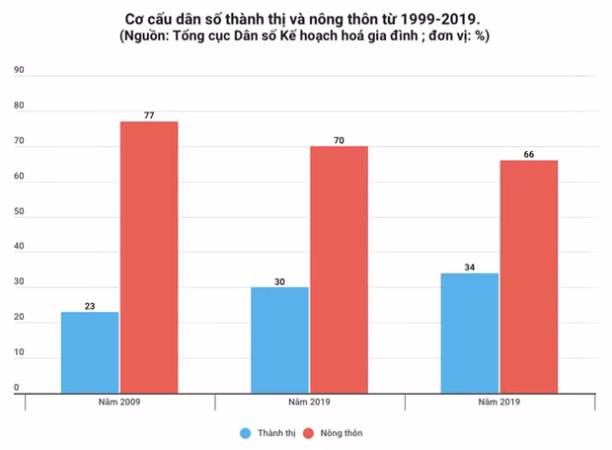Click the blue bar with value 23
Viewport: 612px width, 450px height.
click(x=90, y=352)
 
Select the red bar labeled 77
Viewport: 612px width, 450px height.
click(x=149, y=257)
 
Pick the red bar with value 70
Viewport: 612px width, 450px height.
click(x=339, y=269)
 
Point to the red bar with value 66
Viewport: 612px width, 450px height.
click(x=528, y=276)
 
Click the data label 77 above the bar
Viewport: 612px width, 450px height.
click(x=149, y=114)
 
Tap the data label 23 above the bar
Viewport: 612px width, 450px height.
click(x=90, y=306)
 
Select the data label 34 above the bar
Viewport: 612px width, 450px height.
click(x=469, y=266)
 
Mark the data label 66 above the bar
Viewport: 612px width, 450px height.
click(x=528, y=154)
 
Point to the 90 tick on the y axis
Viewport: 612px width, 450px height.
click(x=18, y=71)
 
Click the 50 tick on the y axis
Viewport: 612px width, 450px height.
click(x=18, y=212)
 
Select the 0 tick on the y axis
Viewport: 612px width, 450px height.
click(x=17, y=389)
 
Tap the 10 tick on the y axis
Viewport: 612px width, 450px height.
click(x=18, y=353)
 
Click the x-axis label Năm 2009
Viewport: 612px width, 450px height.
click(x=119, y=403)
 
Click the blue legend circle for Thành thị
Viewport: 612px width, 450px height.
click(x=244, y=432)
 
